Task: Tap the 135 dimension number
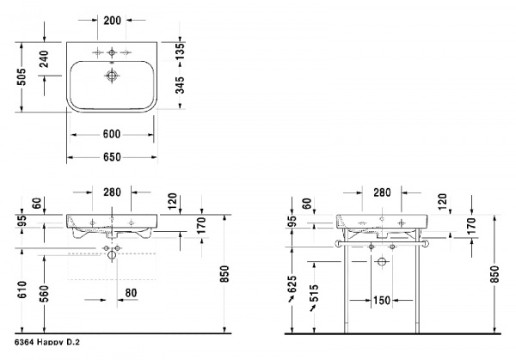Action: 180,51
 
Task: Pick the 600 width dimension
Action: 112,134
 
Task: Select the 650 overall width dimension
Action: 112,157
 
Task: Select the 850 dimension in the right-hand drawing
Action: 494,273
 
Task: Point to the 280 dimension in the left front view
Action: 112,192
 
